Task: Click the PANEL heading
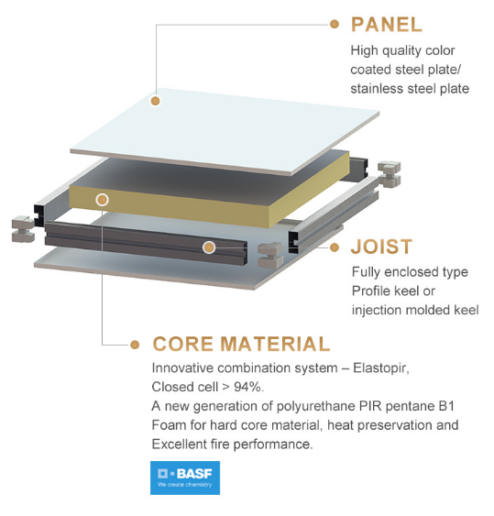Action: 387,25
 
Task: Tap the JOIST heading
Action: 381,247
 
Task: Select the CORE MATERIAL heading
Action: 241,344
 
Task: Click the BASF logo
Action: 185,478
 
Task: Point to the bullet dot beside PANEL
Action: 334,24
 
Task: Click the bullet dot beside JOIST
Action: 334,247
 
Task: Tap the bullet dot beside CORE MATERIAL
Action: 135,345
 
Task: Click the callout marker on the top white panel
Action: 155,101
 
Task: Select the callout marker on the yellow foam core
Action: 102,200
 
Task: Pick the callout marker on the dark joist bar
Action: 209,247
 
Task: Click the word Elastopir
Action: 380,368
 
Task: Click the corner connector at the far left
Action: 23,229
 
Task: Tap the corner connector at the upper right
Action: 390,174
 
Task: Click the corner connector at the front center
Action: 270,255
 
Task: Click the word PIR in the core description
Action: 370,406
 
